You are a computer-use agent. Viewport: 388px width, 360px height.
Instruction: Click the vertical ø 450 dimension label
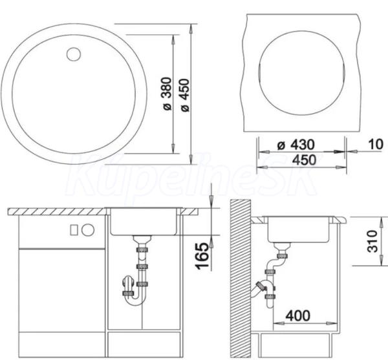click(x=185, y=95)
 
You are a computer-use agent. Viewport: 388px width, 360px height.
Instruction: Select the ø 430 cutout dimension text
click(x=296, y=145)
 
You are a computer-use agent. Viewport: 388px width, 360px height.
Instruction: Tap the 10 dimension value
click(x=376, y=144)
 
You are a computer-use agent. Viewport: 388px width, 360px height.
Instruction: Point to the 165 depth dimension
click(x=202, y=256)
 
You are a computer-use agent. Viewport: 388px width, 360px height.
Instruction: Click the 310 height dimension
click(x=372, y=241)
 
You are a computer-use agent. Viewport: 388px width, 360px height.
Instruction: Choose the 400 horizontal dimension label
click(x=298, y=315)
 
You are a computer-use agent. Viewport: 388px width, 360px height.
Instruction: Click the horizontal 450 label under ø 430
click(x=304, y=160)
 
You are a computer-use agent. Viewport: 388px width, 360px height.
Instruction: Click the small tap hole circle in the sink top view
click(x=74, y=54)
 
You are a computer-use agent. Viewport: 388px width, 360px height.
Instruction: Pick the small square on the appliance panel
click(x=74, y=230)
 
